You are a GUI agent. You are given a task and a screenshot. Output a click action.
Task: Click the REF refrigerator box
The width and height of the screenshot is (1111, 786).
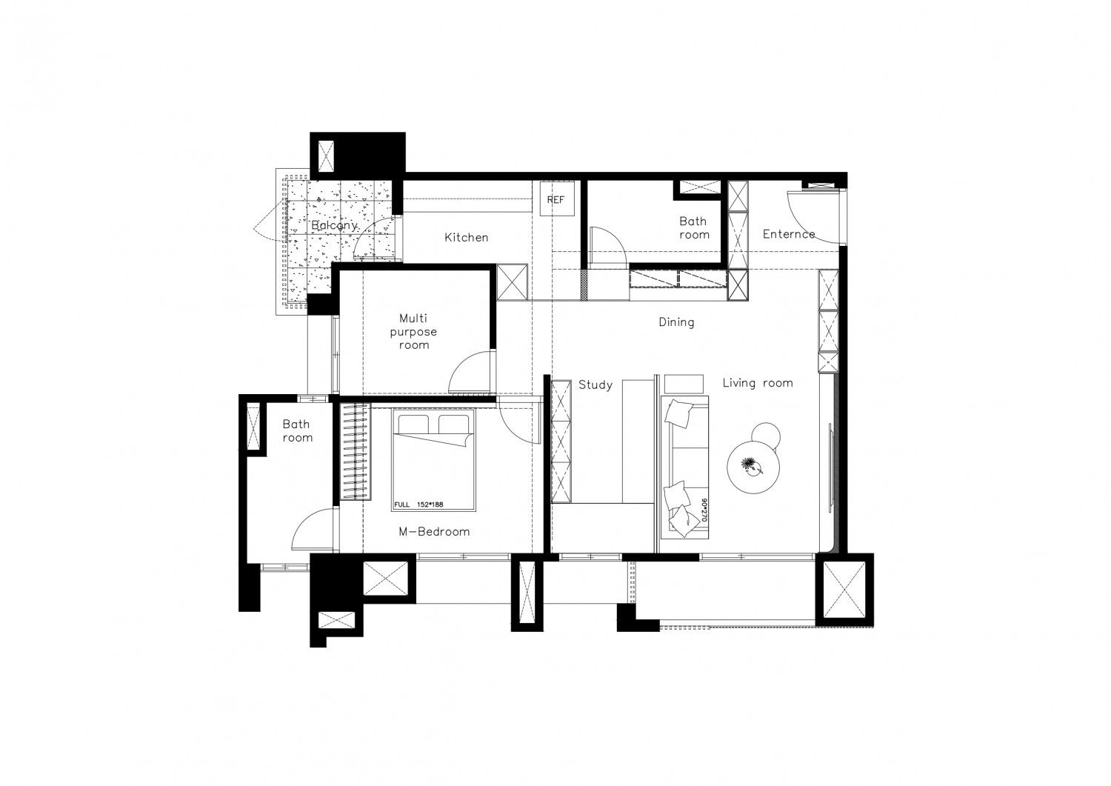point(556,199)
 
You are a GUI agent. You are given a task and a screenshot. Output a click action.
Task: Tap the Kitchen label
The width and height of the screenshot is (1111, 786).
point(466,238)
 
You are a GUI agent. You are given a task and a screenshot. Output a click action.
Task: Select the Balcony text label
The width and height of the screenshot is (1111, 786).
point(334,226)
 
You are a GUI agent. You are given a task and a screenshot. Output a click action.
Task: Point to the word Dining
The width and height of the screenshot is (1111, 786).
point(676,322)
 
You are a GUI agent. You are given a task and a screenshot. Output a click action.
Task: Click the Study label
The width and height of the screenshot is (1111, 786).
point(595,384)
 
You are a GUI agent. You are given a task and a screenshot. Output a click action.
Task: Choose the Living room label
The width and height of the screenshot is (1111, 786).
point(758,382)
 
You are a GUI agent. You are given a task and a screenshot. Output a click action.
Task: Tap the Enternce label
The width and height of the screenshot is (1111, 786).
point(789,233)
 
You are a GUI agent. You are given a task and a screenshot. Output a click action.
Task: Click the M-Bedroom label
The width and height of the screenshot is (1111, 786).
point(434,531)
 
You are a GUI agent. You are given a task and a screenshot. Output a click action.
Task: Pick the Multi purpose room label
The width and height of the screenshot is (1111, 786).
point(413,331)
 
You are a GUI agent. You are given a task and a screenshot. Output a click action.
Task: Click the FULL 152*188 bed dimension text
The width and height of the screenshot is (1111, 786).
point(418,504)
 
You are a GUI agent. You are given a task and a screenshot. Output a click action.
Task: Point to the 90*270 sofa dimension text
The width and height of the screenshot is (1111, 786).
point(704,510)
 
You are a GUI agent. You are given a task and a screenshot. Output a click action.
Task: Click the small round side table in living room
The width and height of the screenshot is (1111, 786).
point(767,434)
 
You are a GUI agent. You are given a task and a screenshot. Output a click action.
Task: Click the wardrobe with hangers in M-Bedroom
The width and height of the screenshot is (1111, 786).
point(355,452)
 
